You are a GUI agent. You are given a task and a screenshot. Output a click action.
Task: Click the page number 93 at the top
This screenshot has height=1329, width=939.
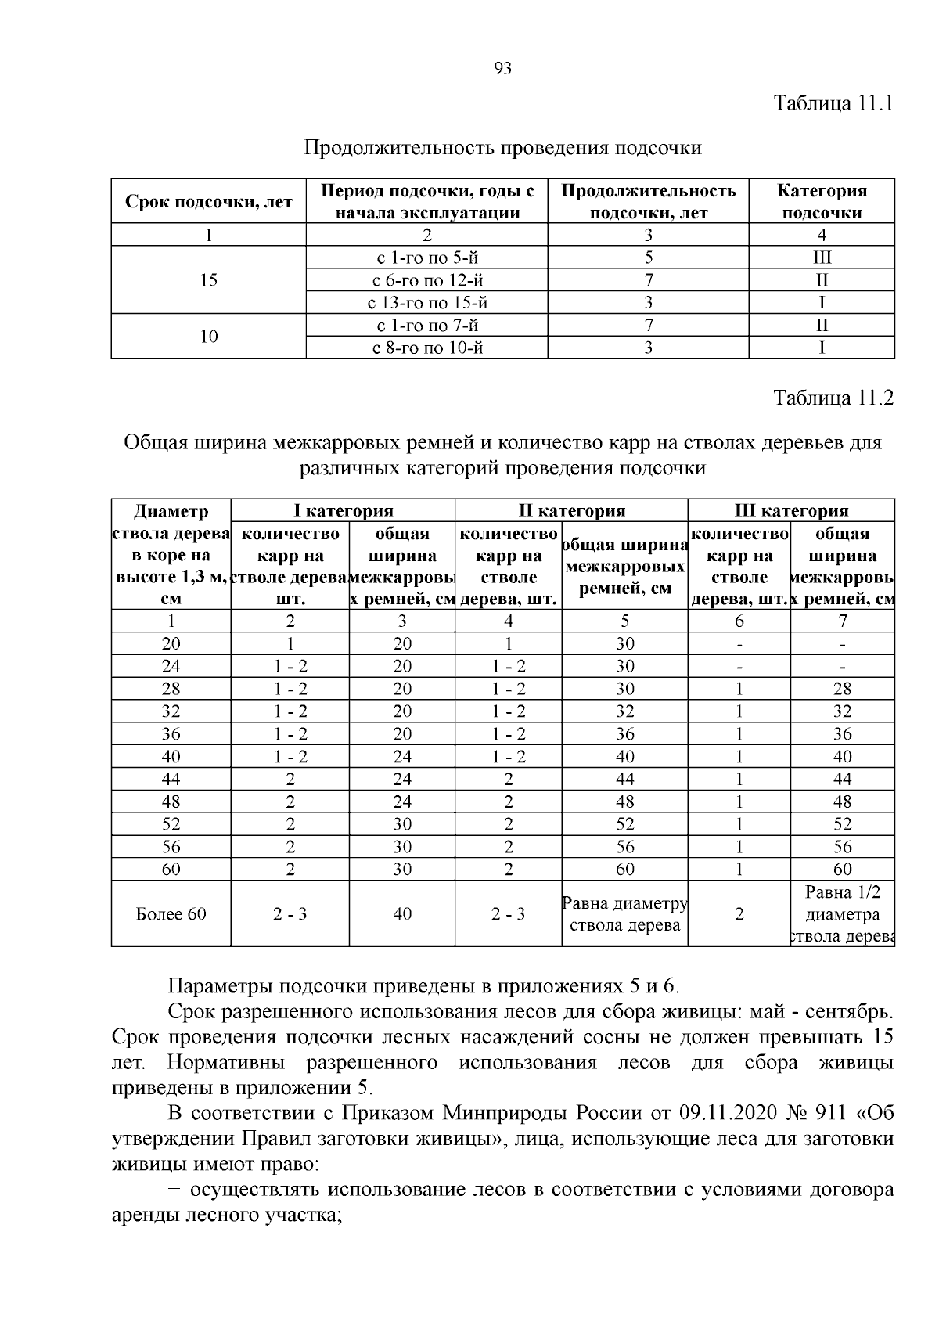click(x=503, y=69)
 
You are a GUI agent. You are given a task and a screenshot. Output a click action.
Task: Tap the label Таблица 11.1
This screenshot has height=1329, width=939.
click(x=833, y=103)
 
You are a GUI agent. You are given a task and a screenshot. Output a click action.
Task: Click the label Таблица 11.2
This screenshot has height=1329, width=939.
click(x=833, y=398)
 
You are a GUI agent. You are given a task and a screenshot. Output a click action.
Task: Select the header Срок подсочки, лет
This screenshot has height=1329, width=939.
click(x=208, y=202)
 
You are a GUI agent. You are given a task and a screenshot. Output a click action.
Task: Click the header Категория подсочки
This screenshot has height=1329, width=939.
click(x=822, y=202)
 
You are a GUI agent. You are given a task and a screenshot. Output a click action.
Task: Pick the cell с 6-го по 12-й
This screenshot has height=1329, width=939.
click(x=426, y=280)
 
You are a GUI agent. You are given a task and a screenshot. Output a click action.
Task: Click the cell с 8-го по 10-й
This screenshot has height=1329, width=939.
click(x=426, y=348)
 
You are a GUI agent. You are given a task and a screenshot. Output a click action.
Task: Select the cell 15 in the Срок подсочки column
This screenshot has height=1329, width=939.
click(x=208, y=280)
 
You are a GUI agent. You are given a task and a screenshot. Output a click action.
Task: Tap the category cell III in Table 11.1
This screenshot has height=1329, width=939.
click(x=822, y=258)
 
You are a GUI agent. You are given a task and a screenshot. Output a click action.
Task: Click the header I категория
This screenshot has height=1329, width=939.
click(x=343, y=511)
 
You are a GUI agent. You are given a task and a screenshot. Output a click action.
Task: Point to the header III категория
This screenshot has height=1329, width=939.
click(x=791, y=511)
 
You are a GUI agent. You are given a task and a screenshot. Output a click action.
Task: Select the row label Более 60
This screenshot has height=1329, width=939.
click(x=171, y=914)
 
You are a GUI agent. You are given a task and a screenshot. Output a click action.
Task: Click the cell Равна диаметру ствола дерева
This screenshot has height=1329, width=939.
click(x=624, y=914)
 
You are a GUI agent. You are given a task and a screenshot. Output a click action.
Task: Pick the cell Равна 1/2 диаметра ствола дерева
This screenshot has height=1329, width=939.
click(x=842, y=914)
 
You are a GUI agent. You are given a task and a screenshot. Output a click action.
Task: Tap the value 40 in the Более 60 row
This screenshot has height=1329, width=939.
click(x=402, y=914)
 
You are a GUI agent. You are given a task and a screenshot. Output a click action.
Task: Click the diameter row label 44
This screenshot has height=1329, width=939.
click(x=171, y=780)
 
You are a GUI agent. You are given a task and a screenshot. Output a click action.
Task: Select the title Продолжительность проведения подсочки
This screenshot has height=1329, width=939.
click(x=502, y=148)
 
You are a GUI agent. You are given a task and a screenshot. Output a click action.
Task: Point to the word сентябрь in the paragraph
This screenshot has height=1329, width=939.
click(x=849, y=1011)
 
